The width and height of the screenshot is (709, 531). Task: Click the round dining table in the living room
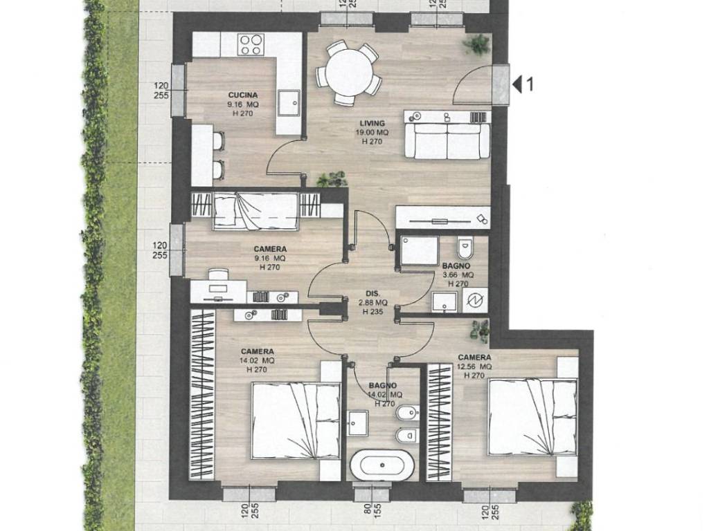click(x=350, y=72)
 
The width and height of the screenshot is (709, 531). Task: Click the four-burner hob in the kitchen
click(x=251, y=45)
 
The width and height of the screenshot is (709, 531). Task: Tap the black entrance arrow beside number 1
click(x=517, y=84)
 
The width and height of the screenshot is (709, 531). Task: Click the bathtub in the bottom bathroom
click(x=382, y=465)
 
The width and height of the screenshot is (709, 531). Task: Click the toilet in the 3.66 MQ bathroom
click(x=465, y=246)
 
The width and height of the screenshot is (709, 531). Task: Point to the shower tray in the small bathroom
click(x=420, y=251)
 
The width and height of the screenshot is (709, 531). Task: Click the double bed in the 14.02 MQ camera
click(x=296, y=420)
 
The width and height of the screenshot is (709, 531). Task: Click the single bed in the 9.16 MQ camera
click(x=255, y=212)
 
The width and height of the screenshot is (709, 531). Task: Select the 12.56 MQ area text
click(x=474, y=366)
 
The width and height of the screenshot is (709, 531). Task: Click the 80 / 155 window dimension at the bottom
click(x=366, y=514)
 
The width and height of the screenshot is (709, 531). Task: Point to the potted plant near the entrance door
click(x=476, y=45)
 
